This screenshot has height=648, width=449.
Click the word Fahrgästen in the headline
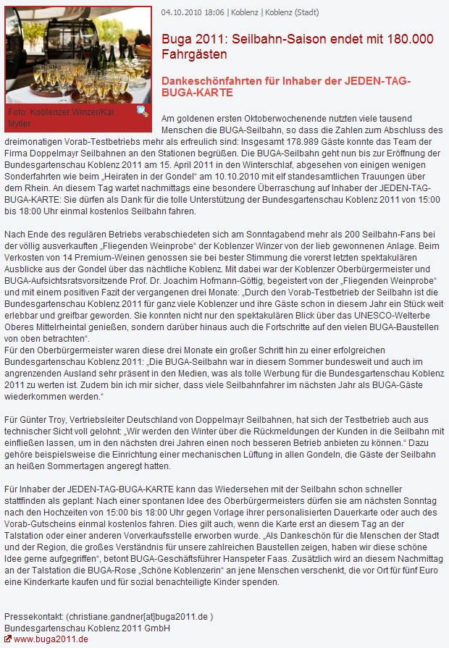[x=194, y=54]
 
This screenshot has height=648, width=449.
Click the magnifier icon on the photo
[x=143, y=111]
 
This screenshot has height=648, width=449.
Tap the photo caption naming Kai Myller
[x=61, y=117]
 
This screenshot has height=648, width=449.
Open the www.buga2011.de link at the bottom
[x=51, y=639]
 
